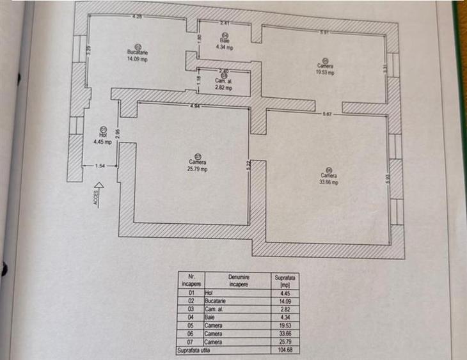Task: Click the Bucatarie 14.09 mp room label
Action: [138, 54]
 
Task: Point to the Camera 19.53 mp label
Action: [325, 68]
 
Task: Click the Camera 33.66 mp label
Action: [328, 178]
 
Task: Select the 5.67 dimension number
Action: [328, 114]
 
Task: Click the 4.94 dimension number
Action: [196, 106]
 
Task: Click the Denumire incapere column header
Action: [238, 280]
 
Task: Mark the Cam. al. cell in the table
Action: [212, 308]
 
